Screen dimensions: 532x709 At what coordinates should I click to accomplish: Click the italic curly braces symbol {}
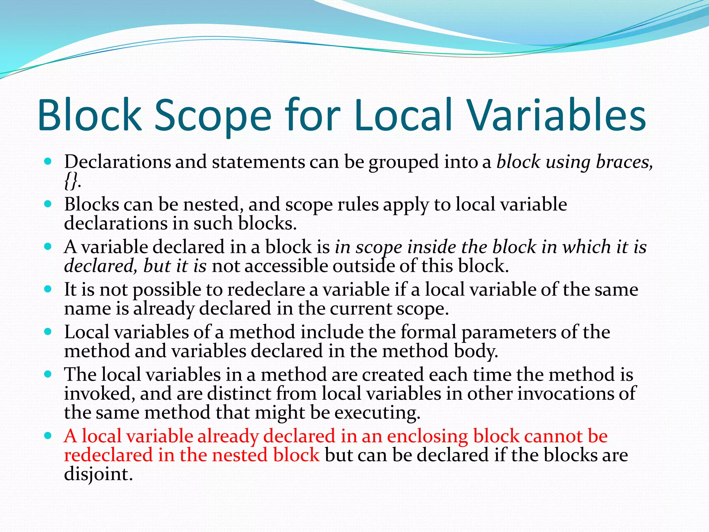pyautogui.click(x=72, y=181)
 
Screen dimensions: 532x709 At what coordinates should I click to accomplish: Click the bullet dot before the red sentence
pyautogui.click(x=48, y=435)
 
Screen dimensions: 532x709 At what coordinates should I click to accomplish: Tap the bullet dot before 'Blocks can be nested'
pyautogui.click(x=48, y=204)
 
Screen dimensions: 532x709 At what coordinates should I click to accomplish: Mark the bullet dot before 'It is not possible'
pyautogui.click(x=48, y=289)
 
